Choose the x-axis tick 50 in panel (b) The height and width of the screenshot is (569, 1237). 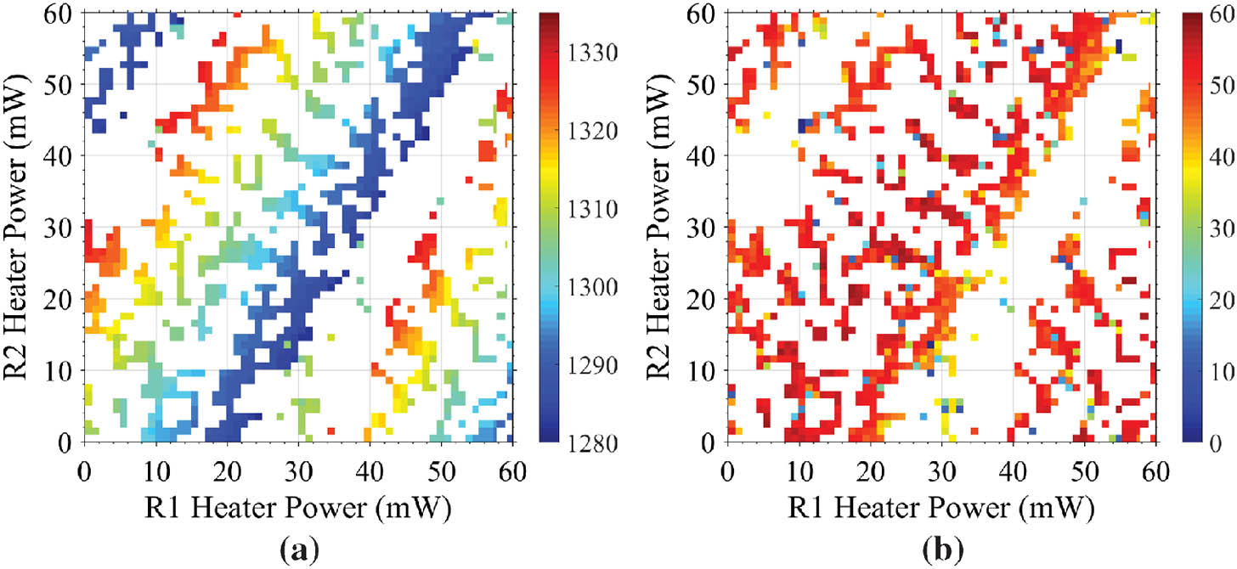[1085, 468]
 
